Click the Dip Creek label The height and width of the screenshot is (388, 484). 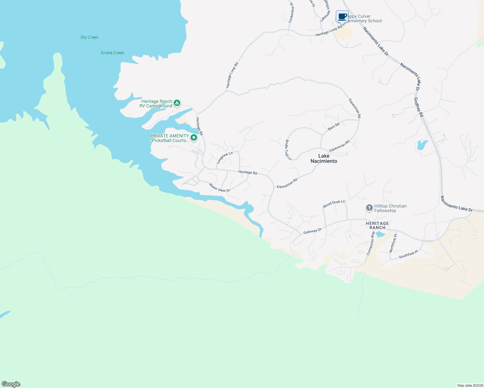click(x=89, y=37)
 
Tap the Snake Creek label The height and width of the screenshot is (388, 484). click(x=113, y=53)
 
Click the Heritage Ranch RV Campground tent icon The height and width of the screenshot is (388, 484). click(x=177, y=103)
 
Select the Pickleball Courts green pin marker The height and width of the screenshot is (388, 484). click(x=194, y=138)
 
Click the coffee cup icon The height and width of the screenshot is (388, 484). click(x=342, y=16)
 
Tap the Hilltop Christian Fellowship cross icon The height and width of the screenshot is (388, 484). click(x=369, y=208)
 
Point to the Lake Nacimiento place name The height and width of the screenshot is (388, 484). click(x=324, y=158)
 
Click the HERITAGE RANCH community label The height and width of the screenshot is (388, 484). click(x=377, y=225)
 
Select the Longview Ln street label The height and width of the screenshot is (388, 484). click(x=225, y=158)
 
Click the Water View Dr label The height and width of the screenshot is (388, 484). click(x=219, y=188)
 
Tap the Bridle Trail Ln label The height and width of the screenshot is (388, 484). click(x=288, y=150)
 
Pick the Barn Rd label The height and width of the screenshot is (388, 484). click(x=334, y=126)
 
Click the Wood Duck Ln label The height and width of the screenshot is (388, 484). click(x=334, y=204)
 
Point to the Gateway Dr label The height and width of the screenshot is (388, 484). click(x=312, y=231)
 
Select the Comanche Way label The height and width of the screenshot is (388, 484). click(x=371, y=243)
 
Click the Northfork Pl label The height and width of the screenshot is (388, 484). click(x=393, y=243)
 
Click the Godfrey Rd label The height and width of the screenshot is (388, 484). click(x=418, y=107)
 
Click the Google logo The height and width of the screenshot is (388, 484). click(x=11, y=384)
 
